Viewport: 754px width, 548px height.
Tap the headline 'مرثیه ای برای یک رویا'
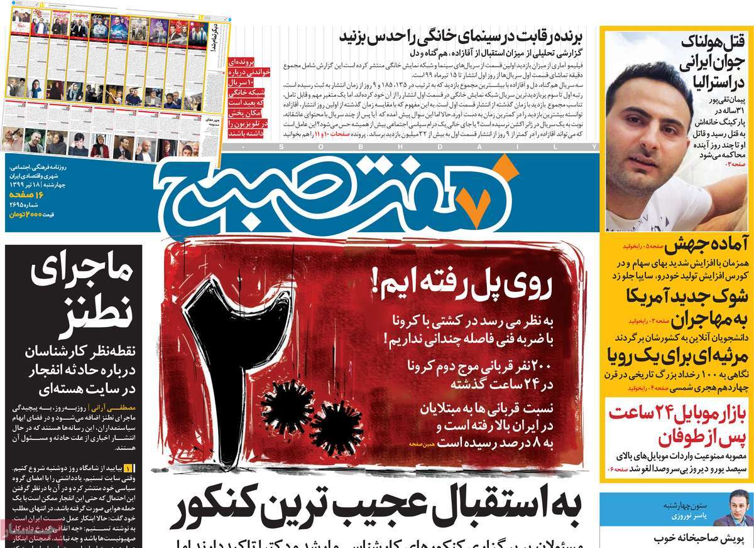coord(679,354)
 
